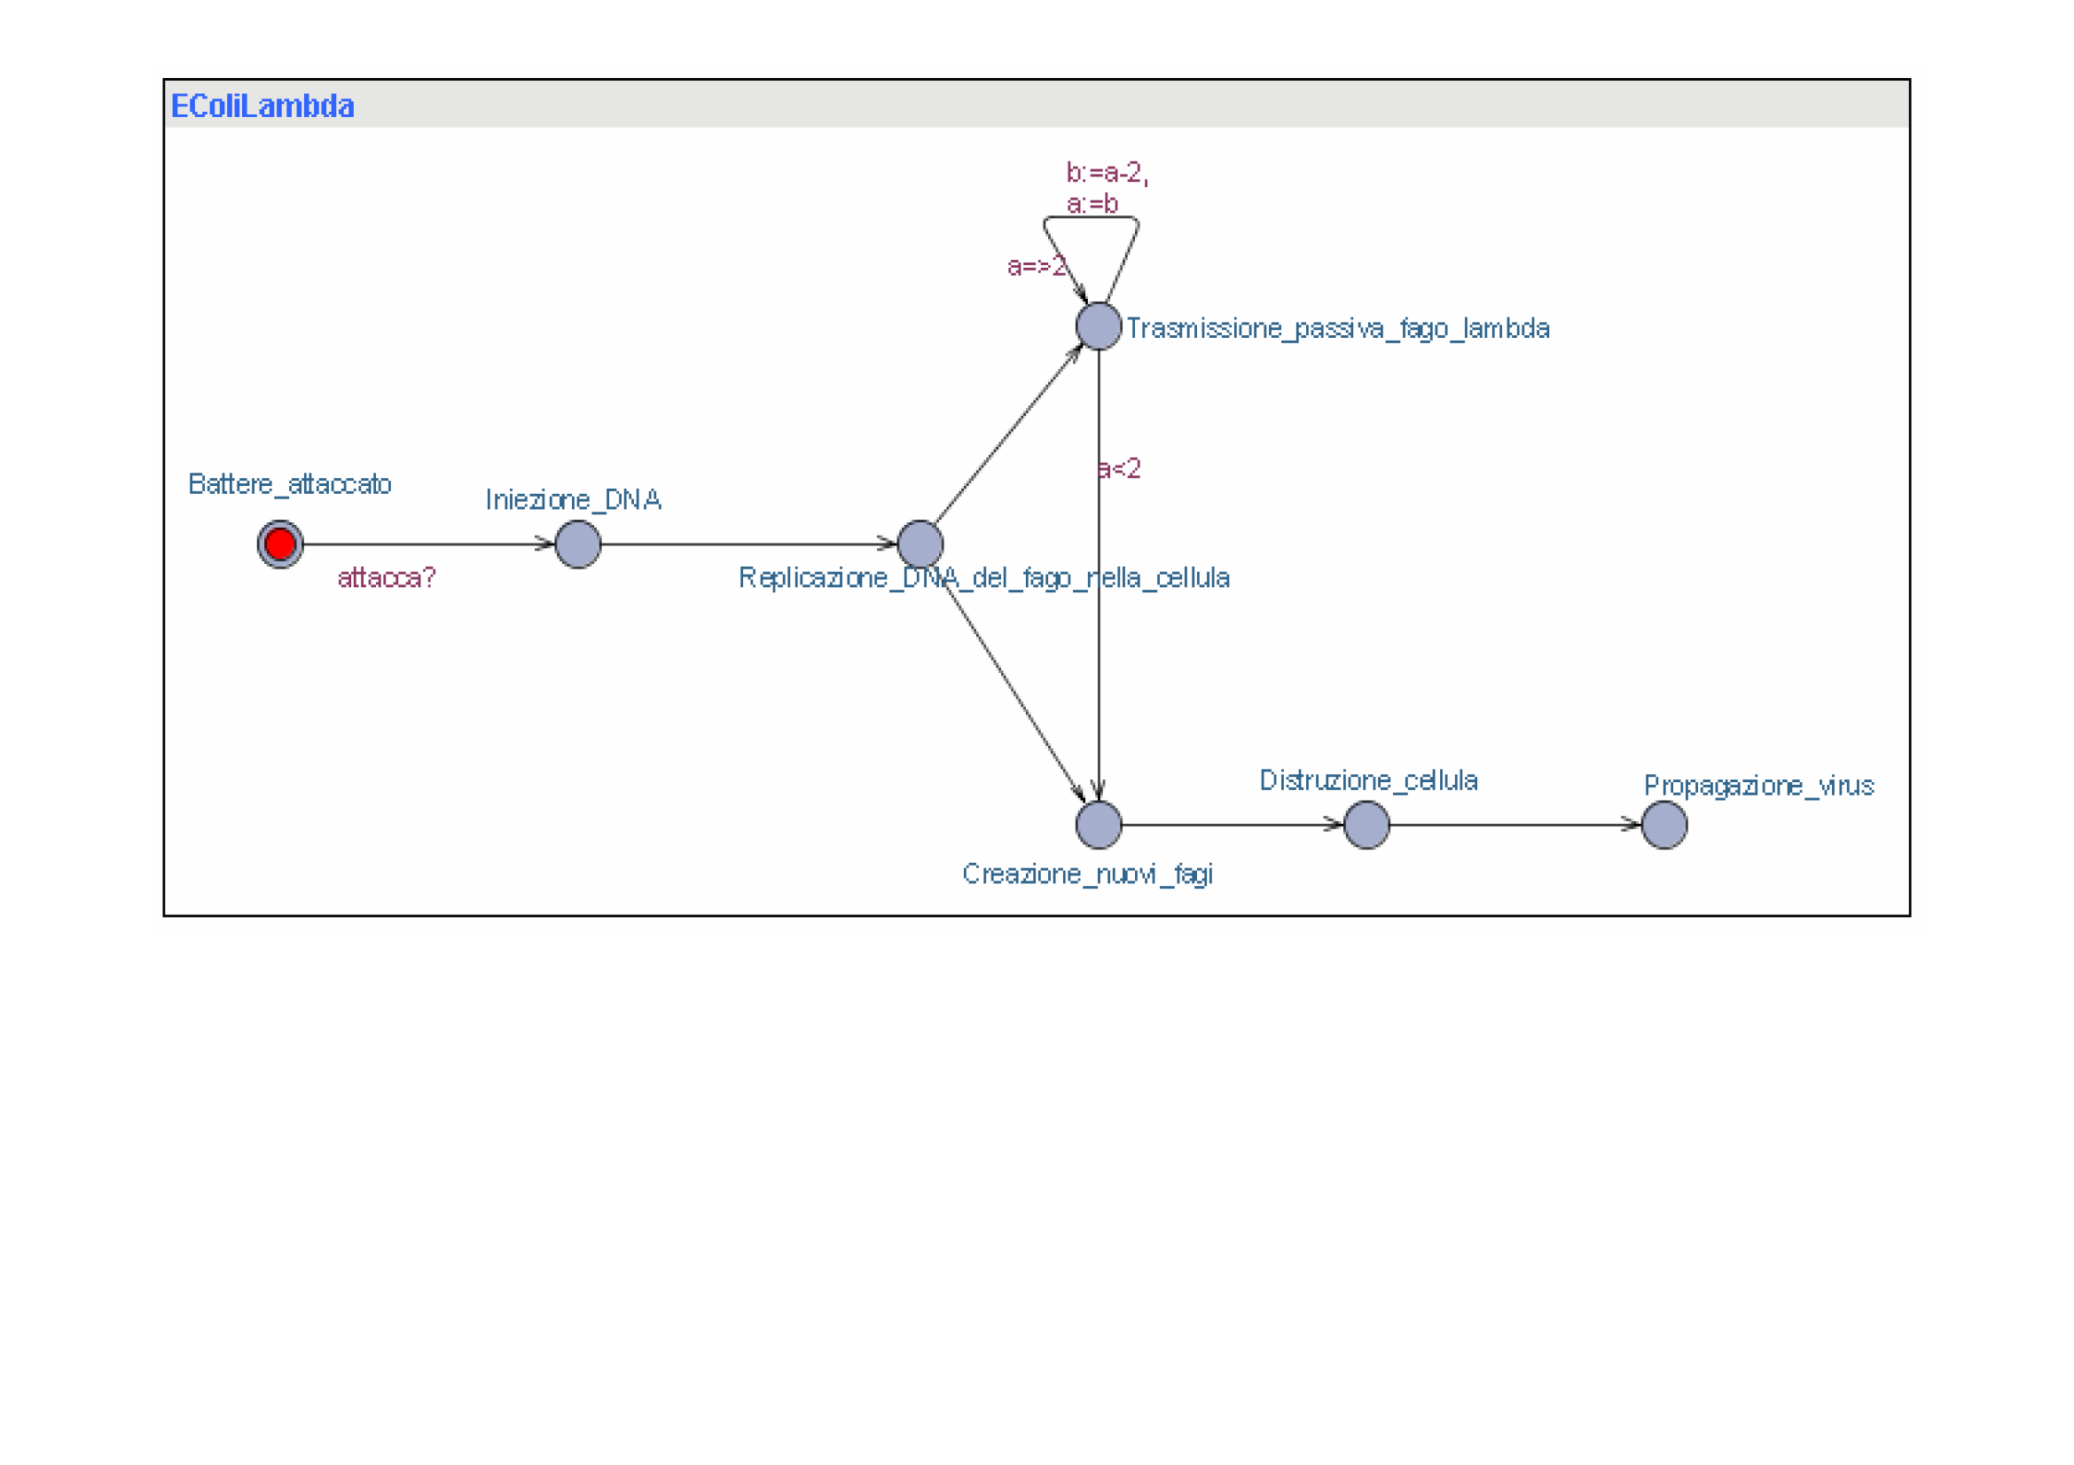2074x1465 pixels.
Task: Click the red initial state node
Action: point(280,544)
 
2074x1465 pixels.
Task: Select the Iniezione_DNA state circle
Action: point(578,544)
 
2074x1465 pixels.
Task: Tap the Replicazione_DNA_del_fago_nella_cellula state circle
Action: point(920,544)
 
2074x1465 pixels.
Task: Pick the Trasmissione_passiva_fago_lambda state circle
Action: point(1099,326)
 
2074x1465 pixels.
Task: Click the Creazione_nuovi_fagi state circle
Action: point(1099,825)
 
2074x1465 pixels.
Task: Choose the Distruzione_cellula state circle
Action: point(1366,825)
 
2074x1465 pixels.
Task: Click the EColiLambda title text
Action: point(262,106)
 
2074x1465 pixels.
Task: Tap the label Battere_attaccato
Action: point(290,484)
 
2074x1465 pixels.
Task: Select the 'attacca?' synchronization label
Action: point(387,577)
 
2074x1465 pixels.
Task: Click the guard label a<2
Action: point(1119,469)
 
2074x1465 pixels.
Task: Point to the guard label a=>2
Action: point(1037,266)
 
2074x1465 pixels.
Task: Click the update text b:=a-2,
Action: point(1107,173)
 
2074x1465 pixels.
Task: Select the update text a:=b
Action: point(1092,204)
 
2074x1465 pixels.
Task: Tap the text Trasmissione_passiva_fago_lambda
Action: point(1338,329)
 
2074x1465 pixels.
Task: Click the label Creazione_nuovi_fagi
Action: point(1088,874)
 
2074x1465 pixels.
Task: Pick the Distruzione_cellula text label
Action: point(1368,780)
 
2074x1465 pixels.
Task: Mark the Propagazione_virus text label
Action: point(1758,786)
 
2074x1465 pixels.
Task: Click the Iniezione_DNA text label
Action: point(574,499)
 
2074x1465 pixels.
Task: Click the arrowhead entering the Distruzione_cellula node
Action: point(1334,824)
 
